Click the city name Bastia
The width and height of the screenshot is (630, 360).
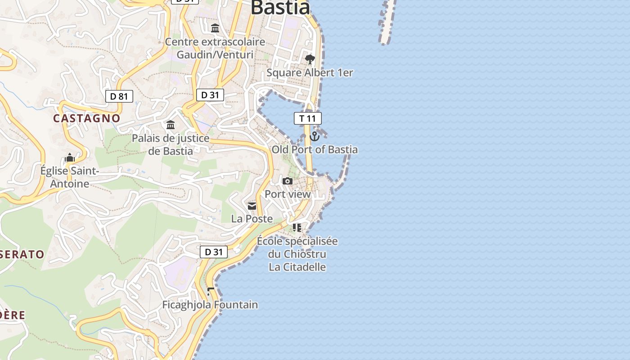coord(280,7)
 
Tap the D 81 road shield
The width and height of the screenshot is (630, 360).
coord(119,96)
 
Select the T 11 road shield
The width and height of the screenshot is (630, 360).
coord(308,118)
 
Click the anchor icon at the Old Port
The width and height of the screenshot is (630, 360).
coord(315,135)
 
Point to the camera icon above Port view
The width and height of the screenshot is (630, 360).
coord(288,181)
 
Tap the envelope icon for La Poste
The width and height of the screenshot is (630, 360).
coord(252,206)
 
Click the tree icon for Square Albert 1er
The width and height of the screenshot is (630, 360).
coord(310,59)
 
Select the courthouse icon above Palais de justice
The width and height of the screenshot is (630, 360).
coord(171,125)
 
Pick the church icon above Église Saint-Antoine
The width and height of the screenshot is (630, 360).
coord(70,157)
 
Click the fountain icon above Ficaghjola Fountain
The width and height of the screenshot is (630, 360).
coord(210,291)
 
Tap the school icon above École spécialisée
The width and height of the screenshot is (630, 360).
coord(297,228)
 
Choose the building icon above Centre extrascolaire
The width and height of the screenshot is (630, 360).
coord(215,28)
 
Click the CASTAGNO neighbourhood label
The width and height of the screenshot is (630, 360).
coord(87,118)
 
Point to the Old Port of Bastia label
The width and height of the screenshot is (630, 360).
coord(315,149)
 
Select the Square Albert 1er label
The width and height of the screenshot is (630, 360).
coord(310,72)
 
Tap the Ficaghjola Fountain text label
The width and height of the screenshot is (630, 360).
coord(210,305)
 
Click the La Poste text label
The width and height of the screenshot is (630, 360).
coord(252,219)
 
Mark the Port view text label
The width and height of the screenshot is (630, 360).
coord(288,194)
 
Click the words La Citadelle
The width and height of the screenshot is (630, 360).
coord(297,267)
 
